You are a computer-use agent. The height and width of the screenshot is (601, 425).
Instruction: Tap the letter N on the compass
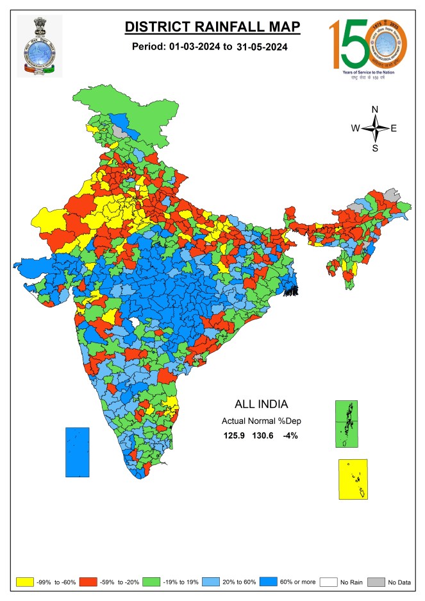(375, 108)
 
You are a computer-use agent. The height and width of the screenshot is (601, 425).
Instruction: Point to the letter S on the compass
(375, 148)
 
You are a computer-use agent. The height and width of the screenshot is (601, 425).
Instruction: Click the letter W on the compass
(355, 128)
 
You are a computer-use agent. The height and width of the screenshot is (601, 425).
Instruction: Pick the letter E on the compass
(394, 128)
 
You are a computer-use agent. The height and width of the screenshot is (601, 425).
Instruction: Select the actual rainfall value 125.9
(235, 436)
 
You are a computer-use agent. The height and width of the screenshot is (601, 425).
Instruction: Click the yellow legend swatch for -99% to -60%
(24, 582)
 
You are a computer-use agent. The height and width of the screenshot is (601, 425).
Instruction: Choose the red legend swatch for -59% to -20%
(94, 582)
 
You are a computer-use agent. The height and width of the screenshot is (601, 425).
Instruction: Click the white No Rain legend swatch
(331, 582)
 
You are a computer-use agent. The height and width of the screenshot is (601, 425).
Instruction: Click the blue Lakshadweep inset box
(78, 452)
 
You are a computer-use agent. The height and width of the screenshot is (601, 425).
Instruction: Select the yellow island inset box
(353, 479)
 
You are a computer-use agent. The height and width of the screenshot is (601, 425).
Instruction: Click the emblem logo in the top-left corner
(39, 46)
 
